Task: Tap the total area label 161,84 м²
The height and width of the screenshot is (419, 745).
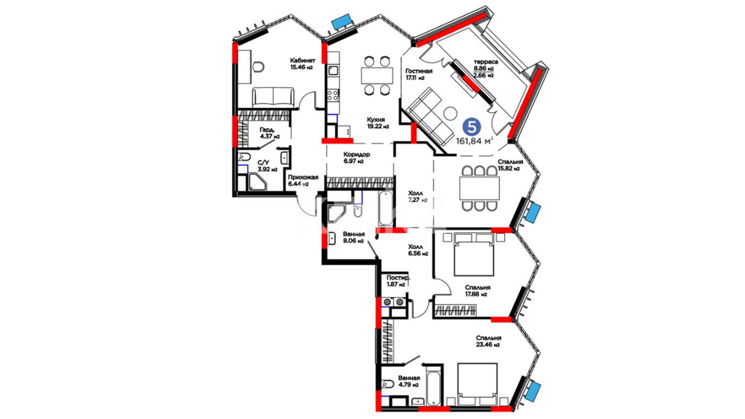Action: click(x=475, y=141)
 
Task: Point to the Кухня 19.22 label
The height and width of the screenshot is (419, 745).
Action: click(x=378, y=123)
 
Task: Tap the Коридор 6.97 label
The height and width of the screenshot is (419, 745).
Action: click(x=357, y=158)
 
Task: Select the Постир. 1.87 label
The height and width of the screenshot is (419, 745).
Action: click(x=398, y=281)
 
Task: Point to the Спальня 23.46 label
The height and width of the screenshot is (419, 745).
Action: click(x=488, y=341)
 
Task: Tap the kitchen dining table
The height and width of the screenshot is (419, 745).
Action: click(x=377, y=76)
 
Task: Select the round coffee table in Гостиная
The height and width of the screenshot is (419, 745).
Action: click(x=450, y=113)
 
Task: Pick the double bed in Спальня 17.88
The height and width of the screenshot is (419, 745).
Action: click(x=474, y=254)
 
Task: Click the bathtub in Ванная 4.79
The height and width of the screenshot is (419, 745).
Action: click(x=433, y=388)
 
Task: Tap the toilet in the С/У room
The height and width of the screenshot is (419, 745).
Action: click(x=245, y=157)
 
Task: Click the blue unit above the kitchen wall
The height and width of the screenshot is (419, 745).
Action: click(x=342, y=22)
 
